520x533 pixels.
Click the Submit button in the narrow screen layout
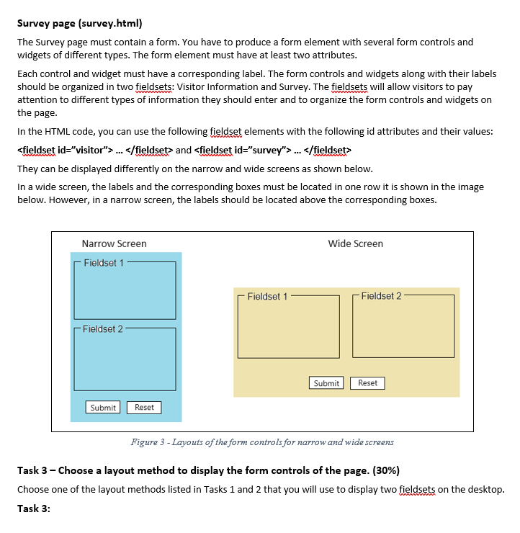click(x=103, y=408)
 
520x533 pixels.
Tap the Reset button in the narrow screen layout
click(x=144, y=408)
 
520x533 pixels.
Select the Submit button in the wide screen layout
click(x=326, y=383)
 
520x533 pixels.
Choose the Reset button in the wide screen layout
click(x=367, y=383)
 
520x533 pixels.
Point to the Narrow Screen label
click(x=114, y=243)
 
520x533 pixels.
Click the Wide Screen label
click(x=355, y=243)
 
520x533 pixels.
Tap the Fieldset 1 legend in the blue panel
click(x=103, y=263)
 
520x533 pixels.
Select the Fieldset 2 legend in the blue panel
click(x=103, y=329)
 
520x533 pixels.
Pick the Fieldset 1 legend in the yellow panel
click(x=267, y=296)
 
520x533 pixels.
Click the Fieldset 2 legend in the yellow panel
click(x=381, y=296)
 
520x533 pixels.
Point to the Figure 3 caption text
click(x=262, y=442)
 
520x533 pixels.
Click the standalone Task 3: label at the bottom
click(x=33, y=508)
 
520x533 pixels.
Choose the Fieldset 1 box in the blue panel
click(x=125, y=292)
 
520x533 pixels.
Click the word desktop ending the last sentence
click(x=484, y=490)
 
